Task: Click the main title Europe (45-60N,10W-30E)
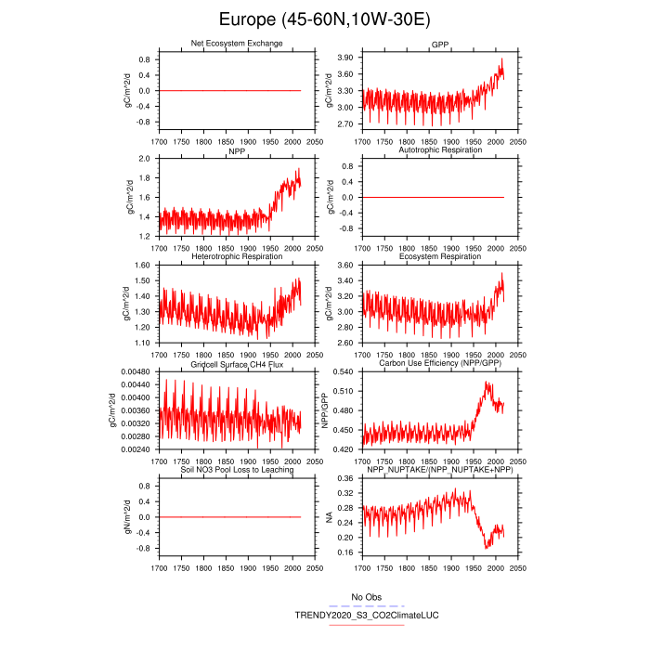tap(324, 19)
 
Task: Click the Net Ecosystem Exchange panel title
tap(236, 44)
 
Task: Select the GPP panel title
tap(440, 44)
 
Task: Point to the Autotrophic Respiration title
tap(440, 150)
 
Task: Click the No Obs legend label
tap(365, 596)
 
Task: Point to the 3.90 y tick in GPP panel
tap(344, 58)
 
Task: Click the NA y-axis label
tap(328, 516)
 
